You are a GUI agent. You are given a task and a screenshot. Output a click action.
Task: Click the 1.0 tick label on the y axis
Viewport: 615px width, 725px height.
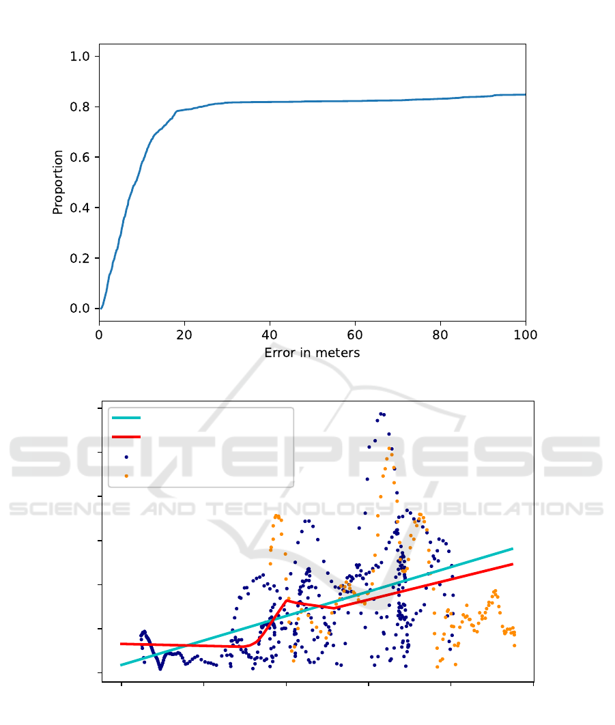[x=80, y=56]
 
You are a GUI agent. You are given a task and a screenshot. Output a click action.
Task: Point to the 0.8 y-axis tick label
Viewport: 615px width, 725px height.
[x=80, y=106]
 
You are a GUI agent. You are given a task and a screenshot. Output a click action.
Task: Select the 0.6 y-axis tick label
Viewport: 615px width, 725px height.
[x=80, y=157]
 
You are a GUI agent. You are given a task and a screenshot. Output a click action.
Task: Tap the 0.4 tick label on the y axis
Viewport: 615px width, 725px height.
[x=80, y=208]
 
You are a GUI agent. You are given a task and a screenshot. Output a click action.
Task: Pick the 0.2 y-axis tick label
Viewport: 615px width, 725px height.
[x=80, y=258]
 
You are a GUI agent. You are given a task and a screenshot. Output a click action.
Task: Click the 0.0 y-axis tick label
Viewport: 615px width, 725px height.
[x=80, y=309]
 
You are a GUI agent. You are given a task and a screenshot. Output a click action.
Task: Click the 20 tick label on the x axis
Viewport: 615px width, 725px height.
[x=185, y=335]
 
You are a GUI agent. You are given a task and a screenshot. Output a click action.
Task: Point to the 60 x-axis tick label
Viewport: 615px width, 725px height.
[x=355, y=335]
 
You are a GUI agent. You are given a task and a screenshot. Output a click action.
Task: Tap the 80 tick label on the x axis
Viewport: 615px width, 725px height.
[x=440, y=335]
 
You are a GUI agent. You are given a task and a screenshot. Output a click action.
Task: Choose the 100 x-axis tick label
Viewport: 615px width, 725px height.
[x=525, y=335]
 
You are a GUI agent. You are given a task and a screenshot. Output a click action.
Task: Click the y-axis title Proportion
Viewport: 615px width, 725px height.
[x=58, y=182]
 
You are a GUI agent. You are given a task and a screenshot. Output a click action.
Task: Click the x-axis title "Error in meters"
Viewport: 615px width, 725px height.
[x=312, y=353]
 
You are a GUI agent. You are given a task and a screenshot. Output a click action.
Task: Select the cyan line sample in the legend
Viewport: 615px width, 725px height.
[x=126, y=417]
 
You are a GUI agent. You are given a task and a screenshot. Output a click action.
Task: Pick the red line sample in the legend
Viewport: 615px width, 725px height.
[x=126, y=436]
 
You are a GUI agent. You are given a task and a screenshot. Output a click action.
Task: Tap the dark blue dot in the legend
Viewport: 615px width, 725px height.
[x=126, y=456]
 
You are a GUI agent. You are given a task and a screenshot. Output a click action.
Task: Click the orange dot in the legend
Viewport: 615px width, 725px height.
[x=126, y=475]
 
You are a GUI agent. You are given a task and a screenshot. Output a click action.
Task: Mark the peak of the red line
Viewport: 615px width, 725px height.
[x=287, y=600]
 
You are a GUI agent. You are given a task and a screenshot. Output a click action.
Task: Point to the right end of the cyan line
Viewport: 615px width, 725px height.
[x=512, y=548]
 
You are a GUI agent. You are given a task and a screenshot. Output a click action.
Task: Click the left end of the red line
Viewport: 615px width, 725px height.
[x=121, y=644]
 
